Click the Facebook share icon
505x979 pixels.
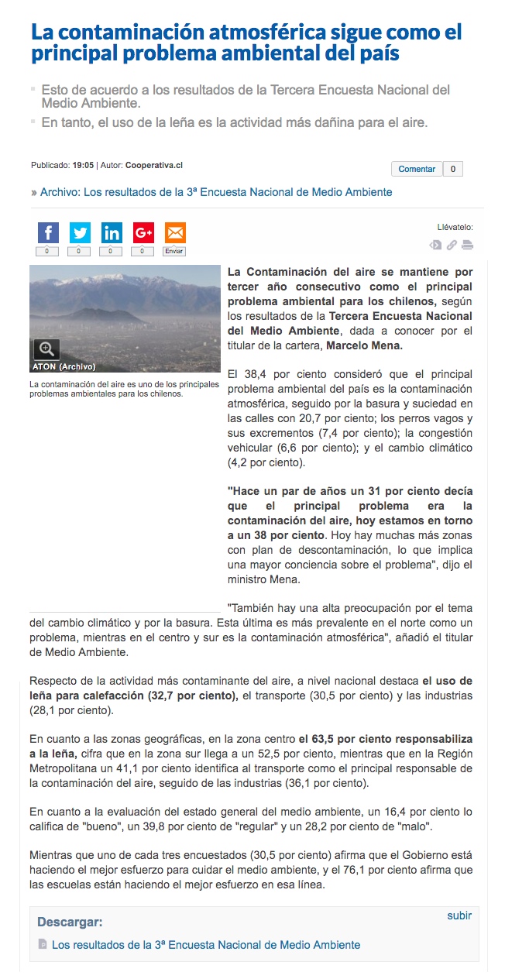(x=48, y=232)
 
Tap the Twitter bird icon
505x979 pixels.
(x=80, y=232)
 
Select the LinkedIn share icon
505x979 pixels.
(x=112, y=232)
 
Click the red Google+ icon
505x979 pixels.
(x=143, y=232)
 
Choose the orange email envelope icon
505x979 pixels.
(x=175, y=232)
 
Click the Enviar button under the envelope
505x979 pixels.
(x=174, y=251)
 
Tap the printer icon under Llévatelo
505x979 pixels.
(x=467, y=246)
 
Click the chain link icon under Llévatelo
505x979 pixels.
(x=452, y=246)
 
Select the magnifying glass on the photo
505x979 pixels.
(x=46, y=349)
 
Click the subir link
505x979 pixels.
(x=459, y=915)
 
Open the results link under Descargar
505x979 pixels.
(x=206, y=945)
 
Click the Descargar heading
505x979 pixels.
(x=70, y=922)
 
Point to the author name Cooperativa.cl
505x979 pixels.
(x=154, y=165)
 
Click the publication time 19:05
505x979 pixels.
(x=83, y=165)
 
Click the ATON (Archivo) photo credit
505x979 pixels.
(x=64, y=366)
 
